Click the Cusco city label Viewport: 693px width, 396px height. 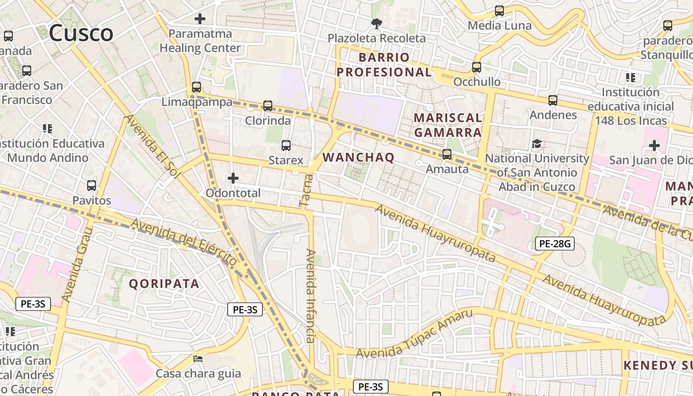pyautogui.click(x=81, y=33)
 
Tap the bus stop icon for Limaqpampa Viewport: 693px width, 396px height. pyautogui.click(x=197, y=87)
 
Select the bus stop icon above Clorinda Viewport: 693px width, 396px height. pyautogui.click(x=268, y=105)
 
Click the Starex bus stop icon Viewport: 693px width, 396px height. pyautogui.click(x=286, y=146)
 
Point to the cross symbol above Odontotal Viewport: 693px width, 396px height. pyautogui.click(x=233, y=178)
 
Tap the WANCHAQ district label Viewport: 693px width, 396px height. pyautogui.click(x=358, y=157)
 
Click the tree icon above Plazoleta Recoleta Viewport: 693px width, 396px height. pyautogui.click(x=377, y=23)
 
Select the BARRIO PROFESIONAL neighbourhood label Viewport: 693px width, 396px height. pyautogui.click(x=384, y=64)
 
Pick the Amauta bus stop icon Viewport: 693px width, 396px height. pyautogui.click(x=447, y=154)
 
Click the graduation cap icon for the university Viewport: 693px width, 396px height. pyautogui.click(x=537, y=144)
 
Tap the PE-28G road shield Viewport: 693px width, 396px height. pyautogui.click(x=554, y=244)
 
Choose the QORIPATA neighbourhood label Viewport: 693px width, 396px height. pyautogui.click(x=164, y=284)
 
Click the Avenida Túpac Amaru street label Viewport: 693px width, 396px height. pyautogui.click(x=414, y=334)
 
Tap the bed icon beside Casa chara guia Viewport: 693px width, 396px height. pyautogui.click(x=198, y=358)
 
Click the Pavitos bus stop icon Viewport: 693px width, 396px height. pyautogui.click(x=92, y=186)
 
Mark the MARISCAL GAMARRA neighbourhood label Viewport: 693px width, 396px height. pyautogui.click(x=447, y=125)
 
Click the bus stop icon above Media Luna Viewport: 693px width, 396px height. pyautogui.click(x=499, y=10)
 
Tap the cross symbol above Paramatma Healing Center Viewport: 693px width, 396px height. pyautogui.click(x=200, y=19)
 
